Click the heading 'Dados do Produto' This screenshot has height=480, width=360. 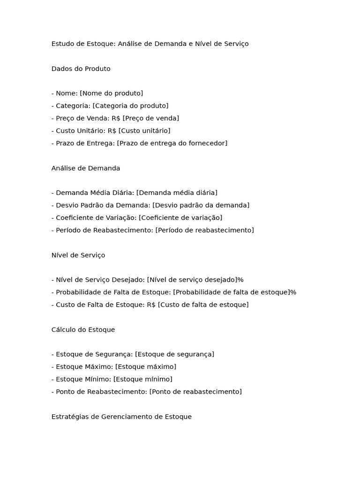(x=81, y=69)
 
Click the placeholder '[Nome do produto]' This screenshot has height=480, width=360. (x=112, y=93)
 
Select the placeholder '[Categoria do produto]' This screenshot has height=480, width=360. (x=130, y=106)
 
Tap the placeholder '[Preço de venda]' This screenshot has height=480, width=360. (x=151, y=118)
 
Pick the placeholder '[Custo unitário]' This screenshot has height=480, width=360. (x=144, y=131)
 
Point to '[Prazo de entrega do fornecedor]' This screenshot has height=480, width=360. (x=172, y=143)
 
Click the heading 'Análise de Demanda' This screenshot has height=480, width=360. (x=86, y=168)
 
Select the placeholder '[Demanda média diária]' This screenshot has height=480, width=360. (x=177, y=193)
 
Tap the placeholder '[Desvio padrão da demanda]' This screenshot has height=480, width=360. (x=201, y=205)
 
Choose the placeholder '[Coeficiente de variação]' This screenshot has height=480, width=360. (x=180, y=217)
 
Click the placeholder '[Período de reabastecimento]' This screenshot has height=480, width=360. (x=204, y=230)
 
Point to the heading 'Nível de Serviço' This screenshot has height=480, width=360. (x=78, y=255)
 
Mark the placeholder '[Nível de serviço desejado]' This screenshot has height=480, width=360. (x=192, y=280)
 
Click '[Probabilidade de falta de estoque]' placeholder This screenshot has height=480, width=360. (x=231, y=292)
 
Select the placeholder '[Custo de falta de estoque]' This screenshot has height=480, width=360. (x=203, y=305)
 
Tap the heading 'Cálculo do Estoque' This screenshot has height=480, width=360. (x=83, y=330)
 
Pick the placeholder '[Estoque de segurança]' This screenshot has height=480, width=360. (x=174, y=354)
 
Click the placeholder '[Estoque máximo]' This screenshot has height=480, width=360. (x=146, y=367)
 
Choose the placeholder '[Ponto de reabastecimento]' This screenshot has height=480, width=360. (x=195, y=392)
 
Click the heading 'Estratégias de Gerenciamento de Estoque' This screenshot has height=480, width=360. (x=121, y=417)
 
